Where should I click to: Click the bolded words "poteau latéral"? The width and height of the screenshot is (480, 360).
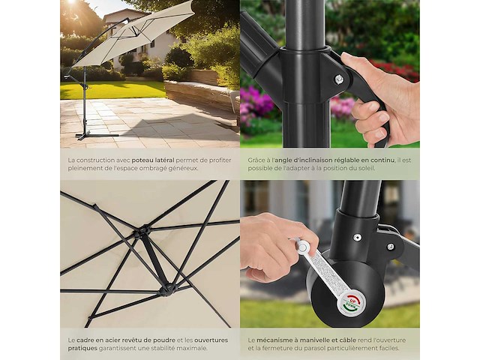click(153, 160)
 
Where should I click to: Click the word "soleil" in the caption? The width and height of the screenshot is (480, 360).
click(366, 168)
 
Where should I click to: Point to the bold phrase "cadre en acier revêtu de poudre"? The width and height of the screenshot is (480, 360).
click(126, 340)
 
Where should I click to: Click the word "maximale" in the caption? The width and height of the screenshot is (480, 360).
click(192, 348)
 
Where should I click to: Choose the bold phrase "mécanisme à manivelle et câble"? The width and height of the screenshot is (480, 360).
click(307, 340)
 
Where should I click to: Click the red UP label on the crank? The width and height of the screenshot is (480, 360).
click(352, 300)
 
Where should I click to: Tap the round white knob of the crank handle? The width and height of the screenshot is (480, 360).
click(302, 246)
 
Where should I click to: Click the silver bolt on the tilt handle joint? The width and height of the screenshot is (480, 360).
click(339, 79)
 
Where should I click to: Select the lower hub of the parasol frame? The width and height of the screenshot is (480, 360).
click(166, 288)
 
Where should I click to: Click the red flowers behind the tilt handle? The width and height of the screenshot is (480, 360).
click(395, 70)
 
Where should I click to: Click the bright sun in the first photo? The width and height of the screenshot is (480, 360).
click(70, 2)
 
